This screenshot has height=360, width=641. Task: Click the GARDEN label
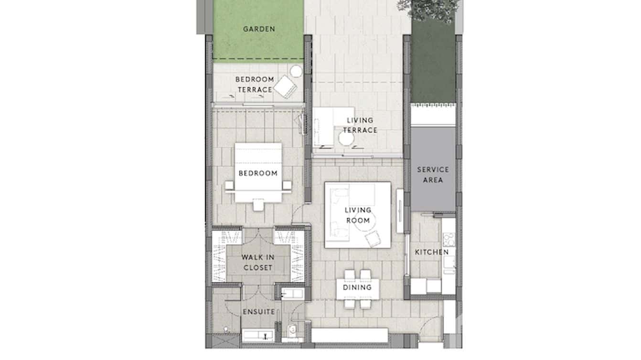pos(259,29)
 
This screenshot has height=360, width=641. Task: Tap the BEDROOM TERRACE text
pos(255,85)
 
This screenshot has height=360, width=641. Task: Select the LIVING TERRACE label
pos(360,125)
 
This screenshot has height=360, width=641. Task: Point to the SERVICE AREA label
pos(433,175)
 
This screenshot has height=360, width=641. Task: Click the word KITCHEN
pos(431,252)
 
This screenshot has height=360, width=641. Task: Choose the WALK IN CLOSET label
pos(257,263)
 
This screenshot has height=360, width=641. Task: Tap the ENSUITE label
pos(258,312)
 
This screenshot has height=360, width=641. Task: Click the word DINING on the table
pos(357,287)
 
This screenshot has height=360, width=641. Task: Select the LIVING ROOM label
pos(358,215)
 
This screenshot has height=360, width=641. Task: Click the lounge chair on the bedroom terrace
pos(286,86)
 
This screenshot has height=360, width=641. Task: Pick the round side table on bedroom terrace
pos(296,71)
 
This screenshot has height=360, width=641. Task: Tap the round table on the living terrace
pos(346,138)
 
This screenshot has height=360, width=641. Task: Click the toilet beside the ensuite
pos(292,329)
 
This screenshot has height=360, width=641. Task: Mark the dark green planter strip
pos(433,67)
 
